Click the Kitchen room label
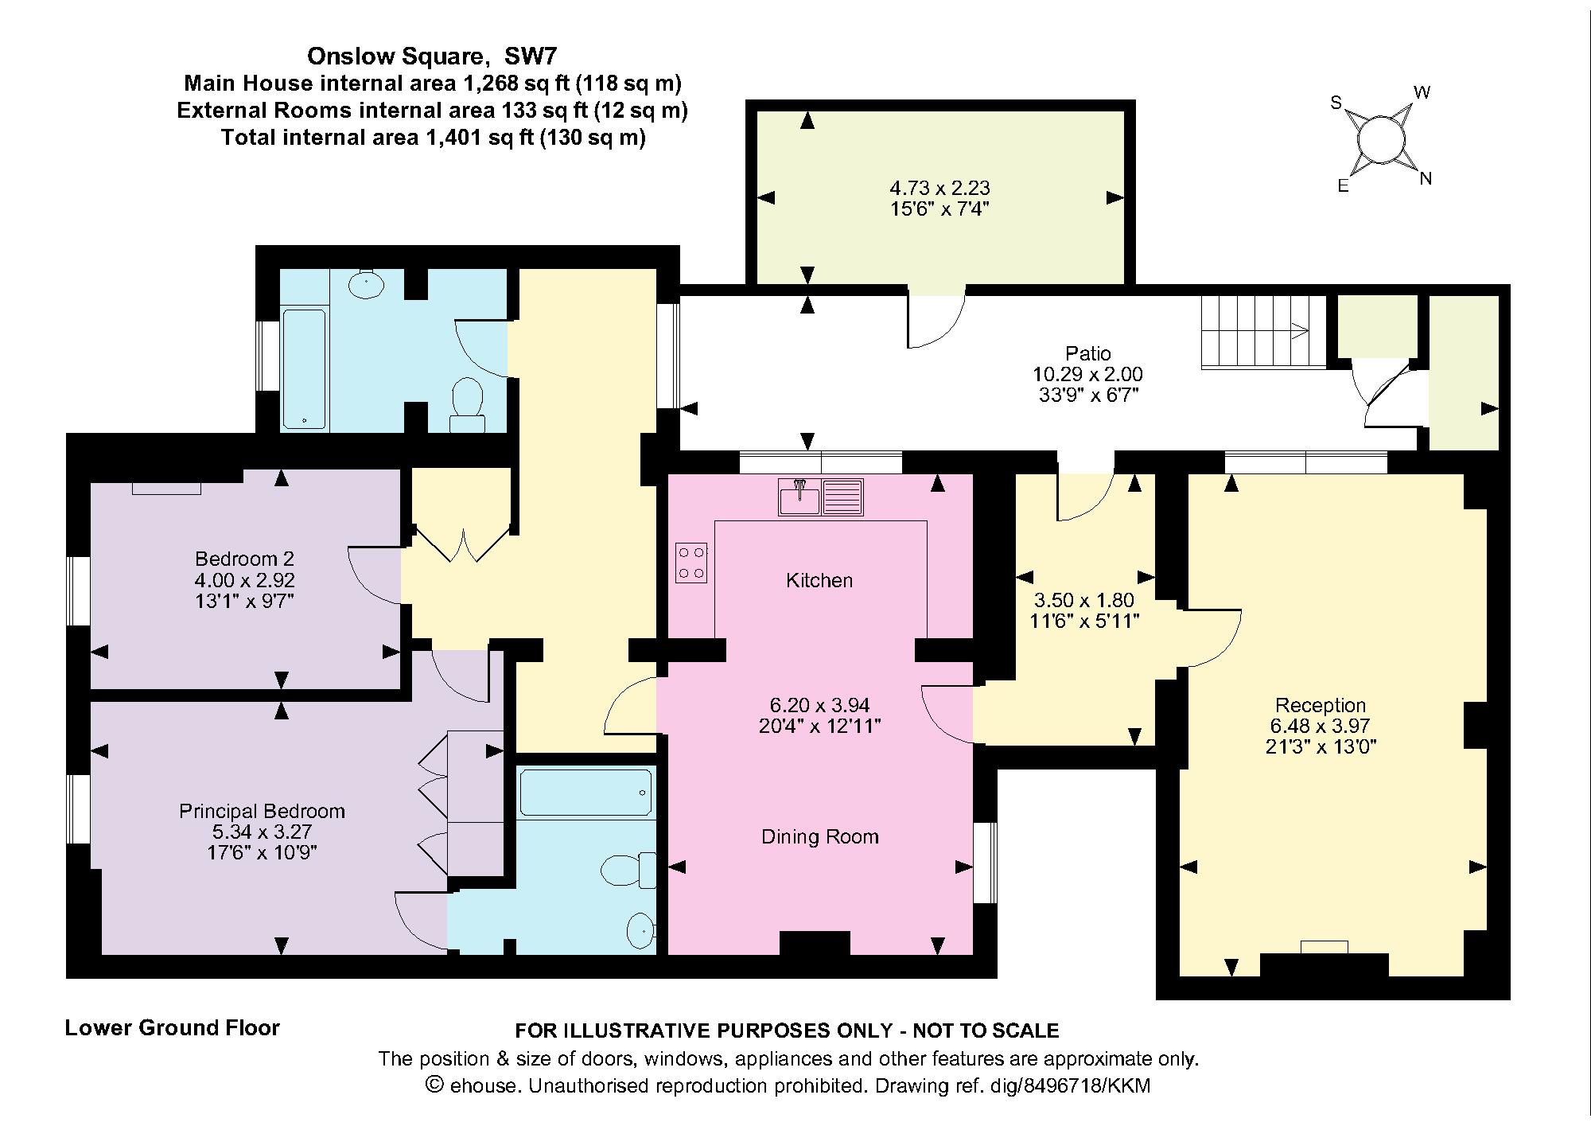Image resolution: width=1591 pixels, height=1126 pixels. click(x=819, y=581)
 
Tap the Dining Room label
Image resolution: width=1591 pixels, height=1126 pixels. click(x=819, y=837)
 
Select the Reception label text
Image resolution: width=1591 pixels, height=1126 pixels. click(x=1320, y=705)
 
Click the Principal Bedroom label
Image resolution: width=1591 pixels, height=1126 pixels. click(x=262, y=812)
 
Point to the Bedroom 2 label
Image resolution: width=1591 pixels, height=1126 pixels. click(x=244, y=559)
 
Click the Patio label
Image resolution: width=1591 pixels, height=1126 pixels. click(x=1087, y=353)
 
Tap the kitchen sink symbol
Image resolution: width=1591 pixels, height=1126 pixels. click(x=821, y=497)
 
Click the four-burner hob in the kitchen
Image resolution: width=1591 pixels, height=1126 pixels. click(x=691, y=562)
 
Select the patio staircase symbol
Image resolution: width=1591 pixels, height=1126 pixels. click(x=1262, y=332)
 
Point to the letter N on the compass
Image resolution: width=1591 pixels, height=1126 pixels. click(x=1426, y=180)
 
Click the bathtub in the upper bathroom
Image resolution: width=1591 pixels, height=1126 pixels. click(x=304, y=369)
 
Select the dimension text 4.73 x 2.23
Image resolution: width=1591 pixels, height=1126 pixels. click(x=939, y=189)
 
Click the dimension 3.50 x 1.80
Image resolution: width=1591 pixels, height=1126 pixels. click(x=1084, y=600)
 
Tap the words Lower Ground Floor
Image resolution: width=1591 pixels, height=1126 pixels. click(x=172, y=1028)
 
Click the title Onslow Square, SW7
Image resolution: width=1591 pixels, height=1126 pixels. click(x=432, y=56)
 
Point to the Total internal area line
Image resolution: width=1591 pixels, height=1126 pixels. click(x=433, y=138)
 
